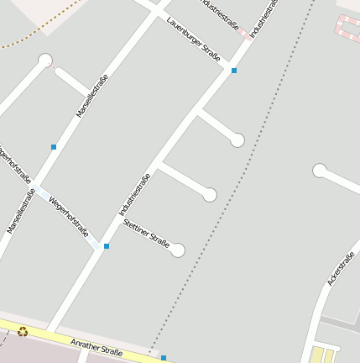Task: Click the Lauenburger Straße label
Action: (193, 39)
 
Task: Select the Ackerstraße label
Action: (341, 268)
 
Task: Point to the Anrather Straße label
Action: (97, 347)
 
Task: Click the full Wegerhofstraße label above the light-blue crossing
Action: (69, 216)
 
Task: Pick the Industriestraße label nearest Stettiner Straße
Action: (134, 194)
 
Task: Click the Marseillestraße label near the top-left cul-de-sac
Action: (92, 95)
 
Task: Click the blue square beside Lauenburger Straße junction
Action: (233, 71)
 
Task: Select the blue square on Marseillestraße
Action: (54, 147)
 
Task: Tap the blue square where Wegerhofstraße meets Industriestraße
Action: (106, 246)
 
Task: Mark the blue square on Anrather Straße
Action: (164, 358)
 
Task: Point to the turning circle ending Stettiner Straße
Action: (177, 250)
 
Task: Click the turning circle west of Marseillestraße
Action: (45, 60)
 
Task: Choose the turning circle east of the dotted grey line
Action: (319, 171)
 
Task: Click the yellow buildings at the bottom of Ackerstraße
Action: (322, 355)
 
